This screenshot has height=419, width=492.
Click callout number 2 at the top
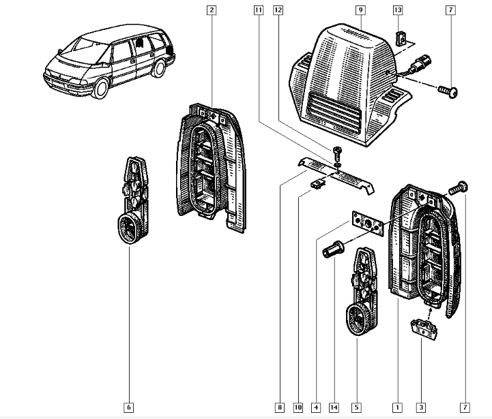coord(212,10)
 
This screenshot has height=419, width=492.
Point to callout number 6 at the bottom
coord(129,407)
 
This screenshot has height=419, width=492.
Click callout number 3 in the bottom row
coord(421,407)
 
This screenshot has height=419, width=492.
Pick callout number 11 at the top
coord(257,10)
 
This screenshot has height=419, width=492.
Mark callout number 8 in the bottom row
coord(278,407)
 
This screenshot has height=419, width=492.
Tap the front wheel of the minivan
coord(102,88)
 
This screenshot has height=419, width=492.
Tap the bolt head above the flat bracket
coord(337,152)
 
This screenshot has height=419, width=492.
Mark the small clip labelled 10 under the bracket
coord(317,183)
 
